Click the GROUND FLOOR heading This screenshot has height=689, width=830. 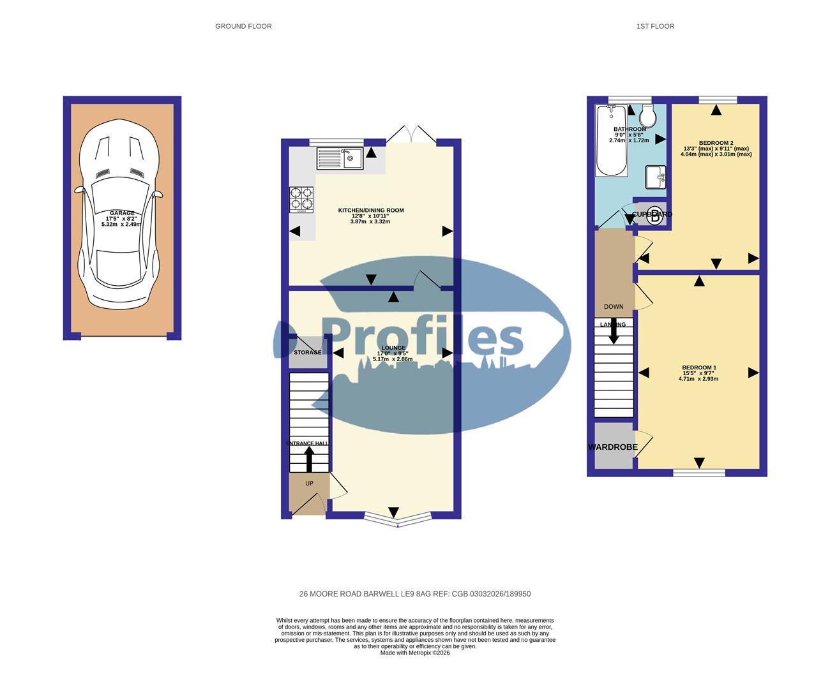point(243,26)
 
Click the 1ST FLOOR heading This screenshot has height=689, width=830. point(655,26)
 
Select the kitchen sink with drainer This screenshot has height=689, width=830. point(340,158)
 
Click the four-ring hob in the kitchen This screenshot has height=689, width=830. point(302,198)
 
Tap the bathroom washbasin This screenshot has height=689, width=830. point(656,177)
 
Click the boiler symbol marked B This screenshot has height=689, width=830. point(655,216)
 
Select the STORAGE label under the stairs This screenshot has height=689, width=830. point(307,352)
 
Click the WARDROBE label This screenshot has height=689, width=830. point(613,447)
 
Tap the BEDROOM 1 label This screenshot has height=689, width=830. point(699,367)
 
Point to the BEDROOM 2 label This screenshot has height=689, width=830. point(716,143)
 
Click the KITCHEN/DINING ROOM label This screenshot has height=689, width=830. point(371,210)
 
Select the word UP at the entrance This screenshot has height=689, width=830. point(309,484)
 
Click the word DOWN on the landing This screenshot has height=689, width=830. point(614,307)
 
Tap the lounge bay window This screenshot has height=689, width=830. point(397,519)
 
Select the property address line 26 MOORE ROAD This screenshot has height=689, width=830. point(415,594)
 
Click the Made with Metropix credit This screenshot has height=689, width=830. point(415,653)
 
